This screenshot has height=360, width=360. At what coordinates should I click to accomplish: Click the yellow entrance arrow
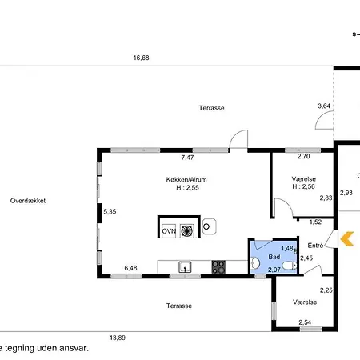346,238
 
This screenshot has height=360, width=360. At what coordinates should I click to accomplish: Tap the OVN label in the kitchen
169,231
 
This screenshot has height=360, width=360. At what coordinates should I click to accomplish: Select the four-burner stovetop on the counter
218,267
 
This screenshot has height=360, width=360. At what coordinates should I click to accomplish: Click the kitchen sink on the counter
185,267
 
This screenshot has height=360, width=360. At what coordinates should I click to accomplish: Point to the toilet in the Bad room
290,266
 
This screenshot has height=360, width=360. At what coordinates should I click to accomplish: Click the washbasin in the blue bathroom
255,263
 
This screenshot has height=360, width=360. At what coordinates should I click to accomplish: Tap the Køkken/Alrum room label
186,179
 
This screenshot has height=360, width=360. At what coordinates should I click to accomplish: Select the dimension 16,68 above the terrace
141,58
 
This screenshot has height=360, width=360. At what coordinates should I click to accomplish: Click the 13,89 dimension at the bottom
118,338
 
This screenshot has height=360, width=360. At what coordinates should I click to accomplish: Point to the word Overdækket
28,201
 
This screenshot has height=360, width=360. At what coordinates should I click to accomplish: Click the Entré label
315,246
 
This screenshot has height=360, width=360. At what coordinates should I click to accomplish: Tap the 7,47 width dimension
187,158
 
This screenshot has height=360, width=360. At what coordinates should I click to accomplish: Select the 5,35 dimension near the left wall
110,212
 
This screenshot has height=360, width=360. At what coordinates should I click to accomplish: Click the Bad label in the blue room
274,257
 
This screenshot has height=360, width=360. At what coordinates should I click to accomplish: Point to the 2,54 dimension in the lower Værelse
305,322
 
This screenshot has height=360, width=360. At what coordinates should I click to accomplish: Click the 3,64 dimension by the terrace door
324,106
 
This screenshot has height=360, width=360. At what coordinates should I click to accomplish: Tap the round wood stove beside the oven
210,226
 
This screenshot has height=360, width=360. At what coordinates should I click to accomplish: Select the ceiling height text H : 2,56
303,186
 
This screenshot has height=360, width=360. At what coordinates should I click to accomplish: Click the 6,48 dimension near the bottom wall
130,268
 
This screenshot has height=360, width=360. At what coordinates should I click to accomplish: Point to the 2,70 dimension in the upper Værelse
304,157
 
